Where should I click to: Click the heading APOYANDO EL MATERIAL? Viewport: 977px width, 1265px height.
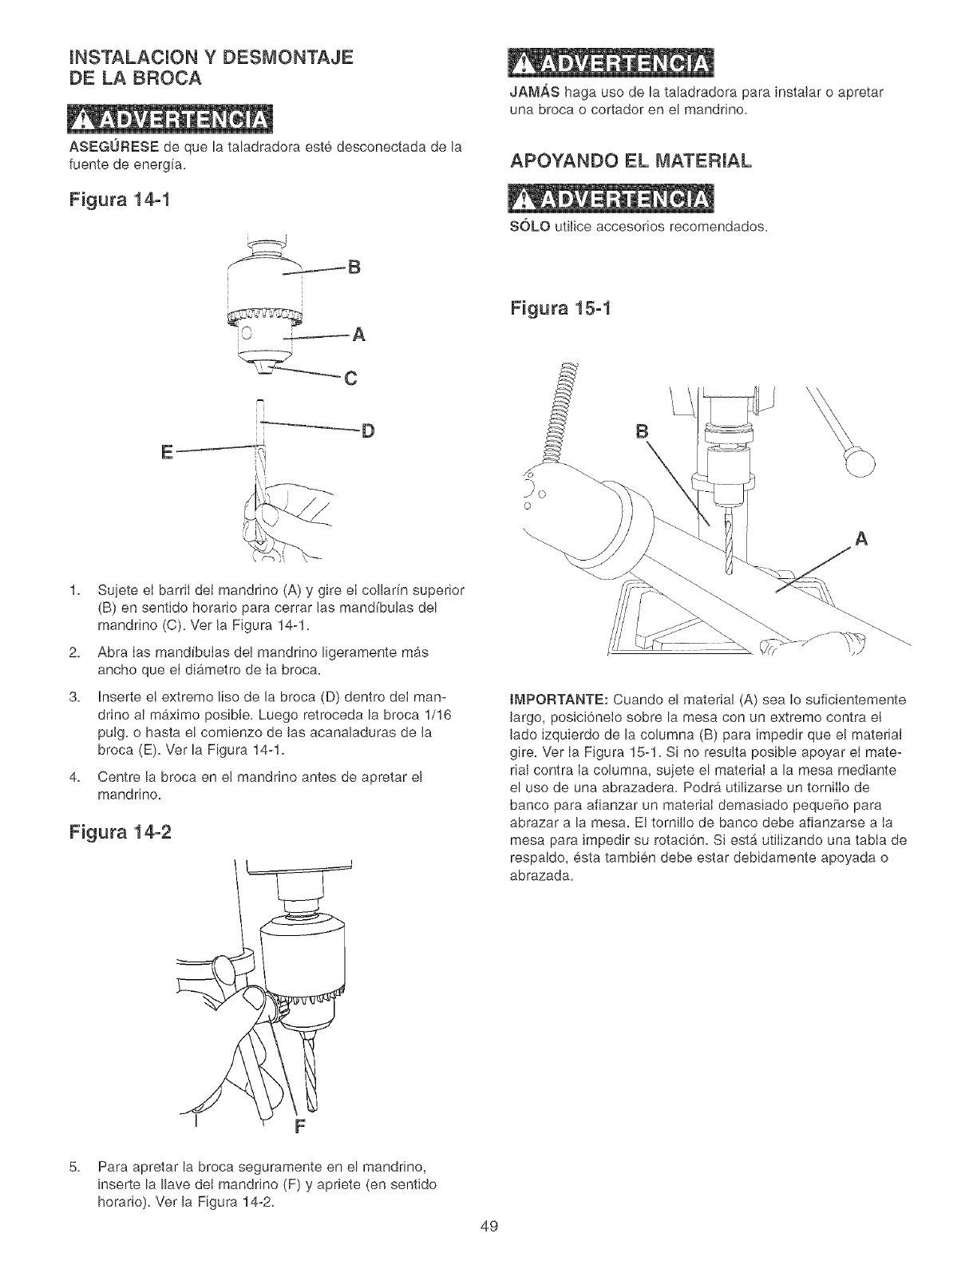(630, 163)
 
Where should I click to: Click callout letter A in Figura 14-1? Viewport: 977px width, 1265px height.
(358, 335)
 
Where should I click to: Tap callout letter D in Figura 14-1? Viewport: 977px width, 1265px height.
(367, 432)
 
